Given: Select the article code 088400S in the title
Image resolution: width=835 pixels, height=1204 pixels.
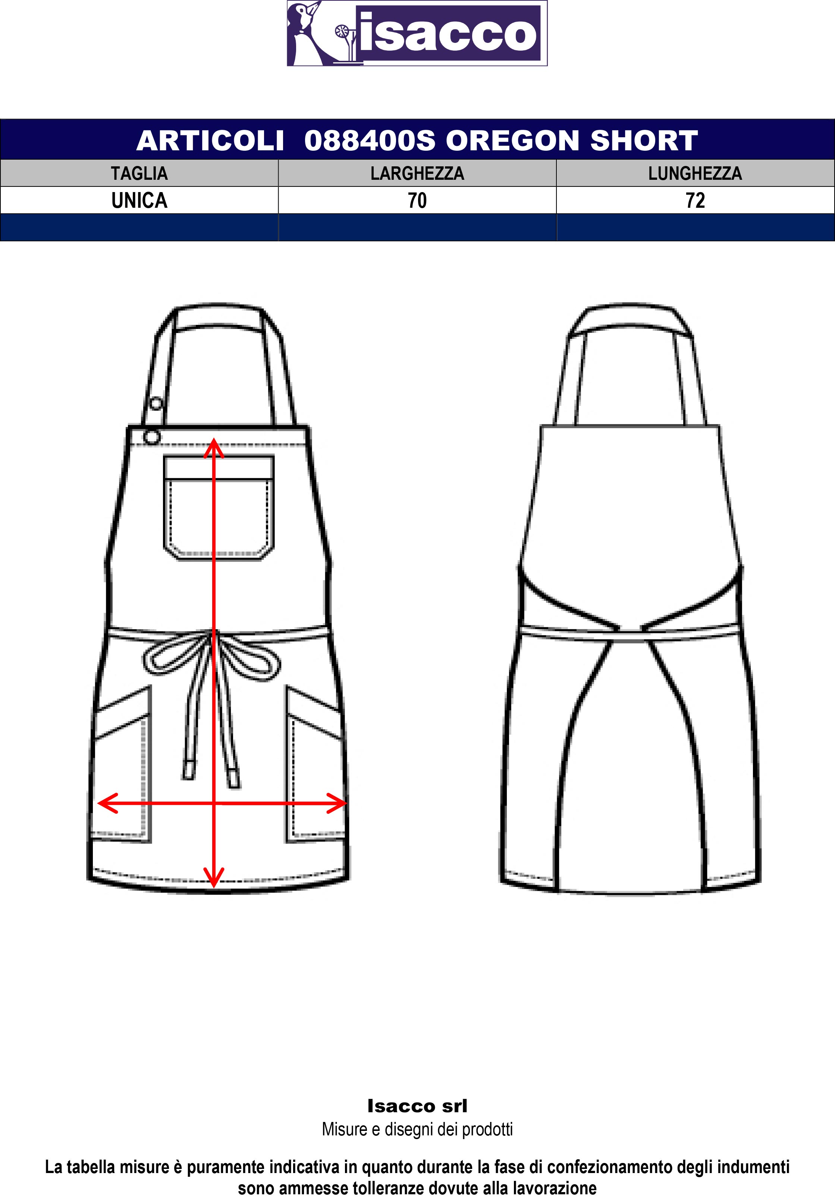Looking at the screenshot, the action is pos(369,140).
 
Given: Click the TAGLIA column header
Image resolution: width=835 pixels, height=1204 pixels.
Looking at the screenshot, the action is pos(139,173).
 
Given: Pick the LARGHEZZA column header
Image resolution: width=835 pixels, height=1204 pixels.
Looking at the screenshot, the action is pos(417,173).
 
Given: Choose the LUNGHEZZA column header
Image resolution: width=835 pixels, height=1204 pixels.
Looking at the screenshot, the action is pos(695,173).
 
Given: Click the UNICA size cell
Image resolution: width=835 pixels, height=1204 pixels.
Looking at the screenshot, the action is pos(139,200).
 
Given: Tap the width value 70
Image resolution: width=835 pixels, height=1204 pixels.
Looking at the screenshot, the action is pos(417,200).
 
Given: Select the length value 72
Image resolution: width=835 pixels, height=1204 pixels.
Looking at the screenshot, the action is pos(695,200).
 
